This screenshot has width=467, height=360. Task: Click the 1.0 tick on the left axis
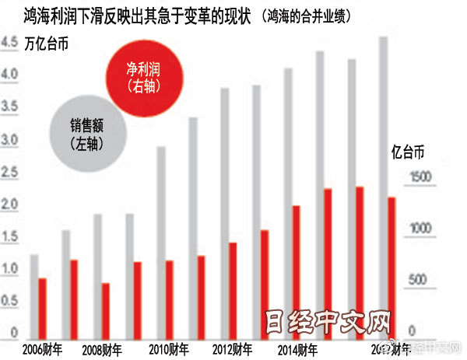pyautogui.click(x=10, y=269)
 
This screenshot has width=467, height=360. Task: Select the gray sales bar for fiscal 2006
pyautogui.click(x=34, y=295)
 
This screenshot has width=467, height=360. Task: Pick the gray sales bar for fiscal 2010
pyautogui.click(x=161, y=242)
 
